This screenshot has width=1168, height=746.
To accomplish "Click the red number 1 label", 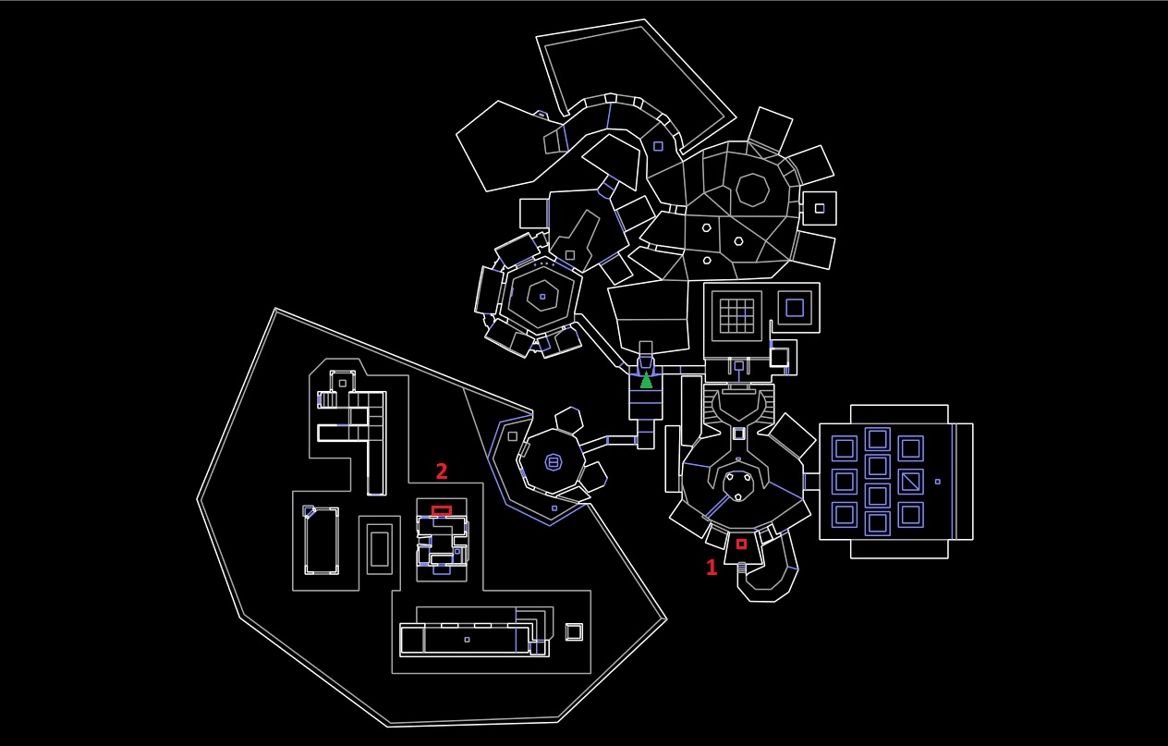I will [x=712, y=568].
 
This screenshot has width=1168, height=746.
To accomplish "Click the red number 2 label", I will [x=442, y=471].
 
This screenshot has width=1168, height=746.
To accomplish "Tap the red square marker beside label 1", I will [x=741, y=544].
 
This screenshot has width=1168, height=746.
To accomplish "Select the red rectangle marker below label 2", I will [x=442, y=510].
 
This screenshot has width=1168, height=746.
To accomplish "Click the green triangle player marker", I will [x=646, y=380].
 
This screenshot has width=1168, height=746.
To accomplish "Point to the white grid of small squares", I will [x=737, y=315].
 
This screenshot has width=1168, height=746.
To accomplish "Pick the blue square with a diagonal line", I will [x=911, y=482].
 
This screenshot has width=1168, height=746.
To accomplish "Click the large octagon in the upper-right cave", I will [x=752, y=190].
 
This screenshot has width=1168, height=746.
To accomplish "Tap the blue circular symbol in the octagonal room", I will [x=554, y=462].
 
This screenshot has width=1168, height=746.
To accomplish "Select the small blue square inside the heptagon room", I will [x=542, y=297].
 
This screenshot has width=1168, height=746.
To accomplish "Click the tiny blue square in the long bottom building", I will [x=467, y=640].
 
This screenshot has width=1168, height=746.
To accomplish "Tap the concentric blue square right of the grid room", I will [x=794, y=307].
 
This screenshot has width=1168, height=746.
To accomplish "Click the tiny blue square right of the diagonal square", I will [x=937, y=482].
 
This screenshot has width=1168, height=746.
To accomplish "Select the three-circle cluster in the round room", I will [x=737, y=485].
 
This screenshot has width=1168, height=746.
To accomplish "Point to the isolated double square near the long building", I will [x=574, y=632].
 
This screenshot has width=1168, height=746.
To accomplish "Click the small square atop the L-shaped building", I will [x=343, y=383].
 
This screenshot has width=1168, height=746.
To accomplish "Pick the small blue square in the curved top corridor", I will [x=658, y=146].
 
